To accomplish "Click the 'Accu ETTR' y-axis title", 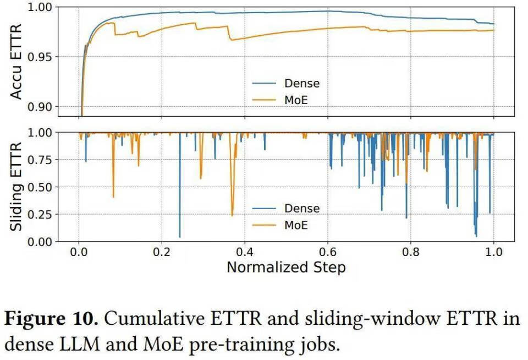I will tap(16, 61).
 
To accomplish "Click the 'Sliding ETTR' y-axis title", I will tap(16, 187).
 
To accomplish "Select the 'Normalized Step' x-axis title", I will tap(286, 268).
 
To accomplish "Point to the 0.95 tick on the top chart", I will tap(40, 57).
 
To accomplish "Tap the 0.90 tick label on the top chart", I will tap(40, 106).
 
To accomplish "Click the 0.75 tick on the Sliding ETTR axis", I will tap(40, 160).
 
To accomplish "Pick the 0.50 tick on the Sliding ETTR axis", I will tap(40, 187).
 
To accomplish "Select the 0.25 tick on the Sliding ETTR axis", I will tap(40, 214).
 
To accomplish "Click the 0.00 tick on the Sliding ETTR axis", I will tap(40, 242).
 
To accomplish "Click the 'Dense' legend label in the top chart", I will tap(301, 84).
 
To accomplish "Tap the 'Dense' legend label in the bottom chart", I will tap(301, 209).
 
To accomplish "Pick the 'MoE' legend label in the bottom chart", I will tap(296, 225).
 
